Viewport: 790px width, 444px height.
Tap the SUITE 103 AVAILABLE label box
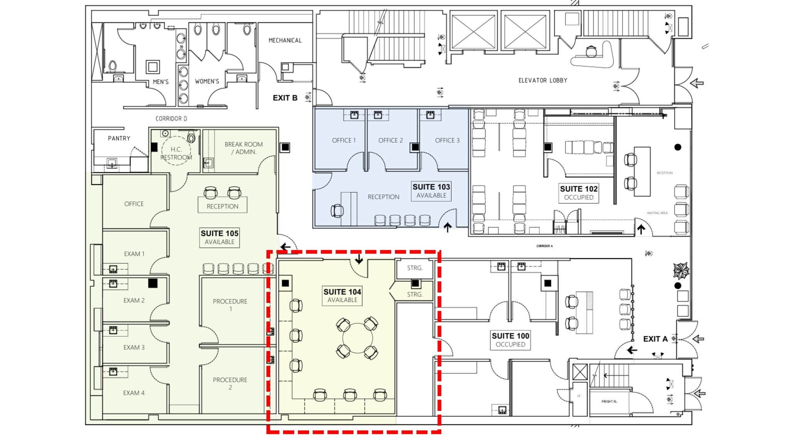pyautogui.click(x=431, y=191)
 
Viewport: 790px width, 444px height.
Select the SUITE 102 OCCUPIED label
pyautogui.click(x=579, y=193)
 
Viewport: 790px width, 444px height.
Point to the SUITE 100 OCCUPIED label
pyautogui.click(x=510, y=340)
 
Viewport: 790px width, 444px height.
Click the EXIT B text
pyautogui.click(x=285, y=98)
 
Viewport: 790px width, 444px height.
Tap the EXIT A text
pyautogui.click(x=655, y=339)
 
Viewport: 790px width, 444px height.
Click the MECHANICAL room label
pyautogui.click(x=285, y=40)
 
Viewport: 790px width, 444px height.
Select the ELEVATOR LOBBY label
pyautogui.click(x=543, y=81)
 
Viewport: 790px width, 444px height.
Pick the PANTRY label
pyautogui.click(x=119, y=138)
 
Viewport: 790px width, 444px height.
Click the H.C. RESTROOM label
pyautogui.click(x=176, y=153)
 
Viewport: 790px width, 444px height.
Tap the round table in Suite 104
pyautogui.click(x=358, y=338)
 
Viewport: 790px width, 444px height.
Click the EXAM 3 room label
pyautogui.click(x=134, y=347)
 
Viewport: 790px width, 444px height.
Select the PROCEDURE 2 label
pyautogui.click(x=230, y=383)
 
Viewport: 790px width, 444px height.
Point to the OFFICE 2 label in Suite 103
pyautogui.click(x=390, y=140)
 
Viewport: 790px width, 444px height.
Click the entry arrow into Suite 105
pyautogui.click(x=285, y=247)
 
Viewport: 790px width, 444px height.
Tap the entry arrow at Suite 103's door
pyautogui.click(x=447, y=227)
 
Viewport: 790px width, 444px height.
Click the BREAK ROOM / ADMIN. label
pyautogui.click(x=243, y=148)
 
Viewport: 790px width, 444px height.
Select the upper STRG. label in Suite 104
pyautogui.click(x=415, y=268)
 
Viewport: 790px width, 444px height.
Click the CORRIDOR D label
pyautogui.click(x=171, y=119)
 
